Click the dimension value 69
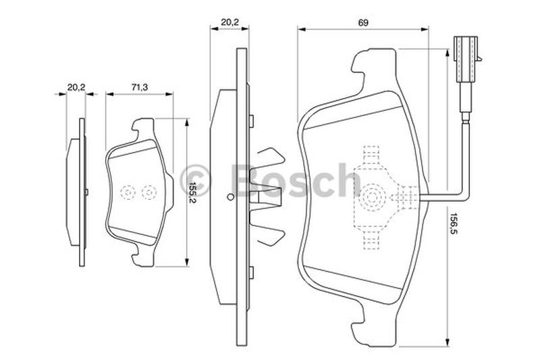pos(363,23)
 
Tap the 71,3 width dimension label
pos(140,88)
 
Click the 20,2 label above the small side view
pos(76,88)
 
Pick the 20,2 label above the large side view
pos(230,22)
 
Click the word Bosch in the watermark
pos(296,180)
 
